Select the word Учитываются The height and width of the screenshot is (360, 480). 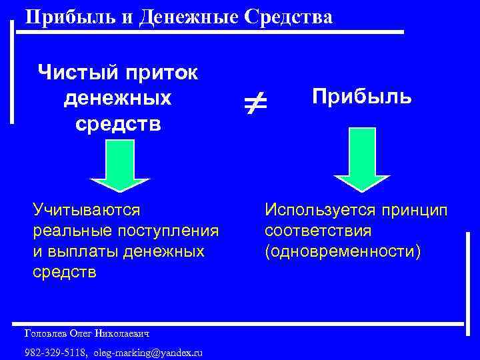[x=87, y=211]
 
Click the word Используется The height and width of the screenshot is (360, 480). [x=321, y=211]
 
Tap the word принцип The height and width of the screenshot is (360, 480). [x=415, y=211]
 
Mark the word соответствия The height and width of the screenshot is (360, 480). [x=318, y=231]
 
